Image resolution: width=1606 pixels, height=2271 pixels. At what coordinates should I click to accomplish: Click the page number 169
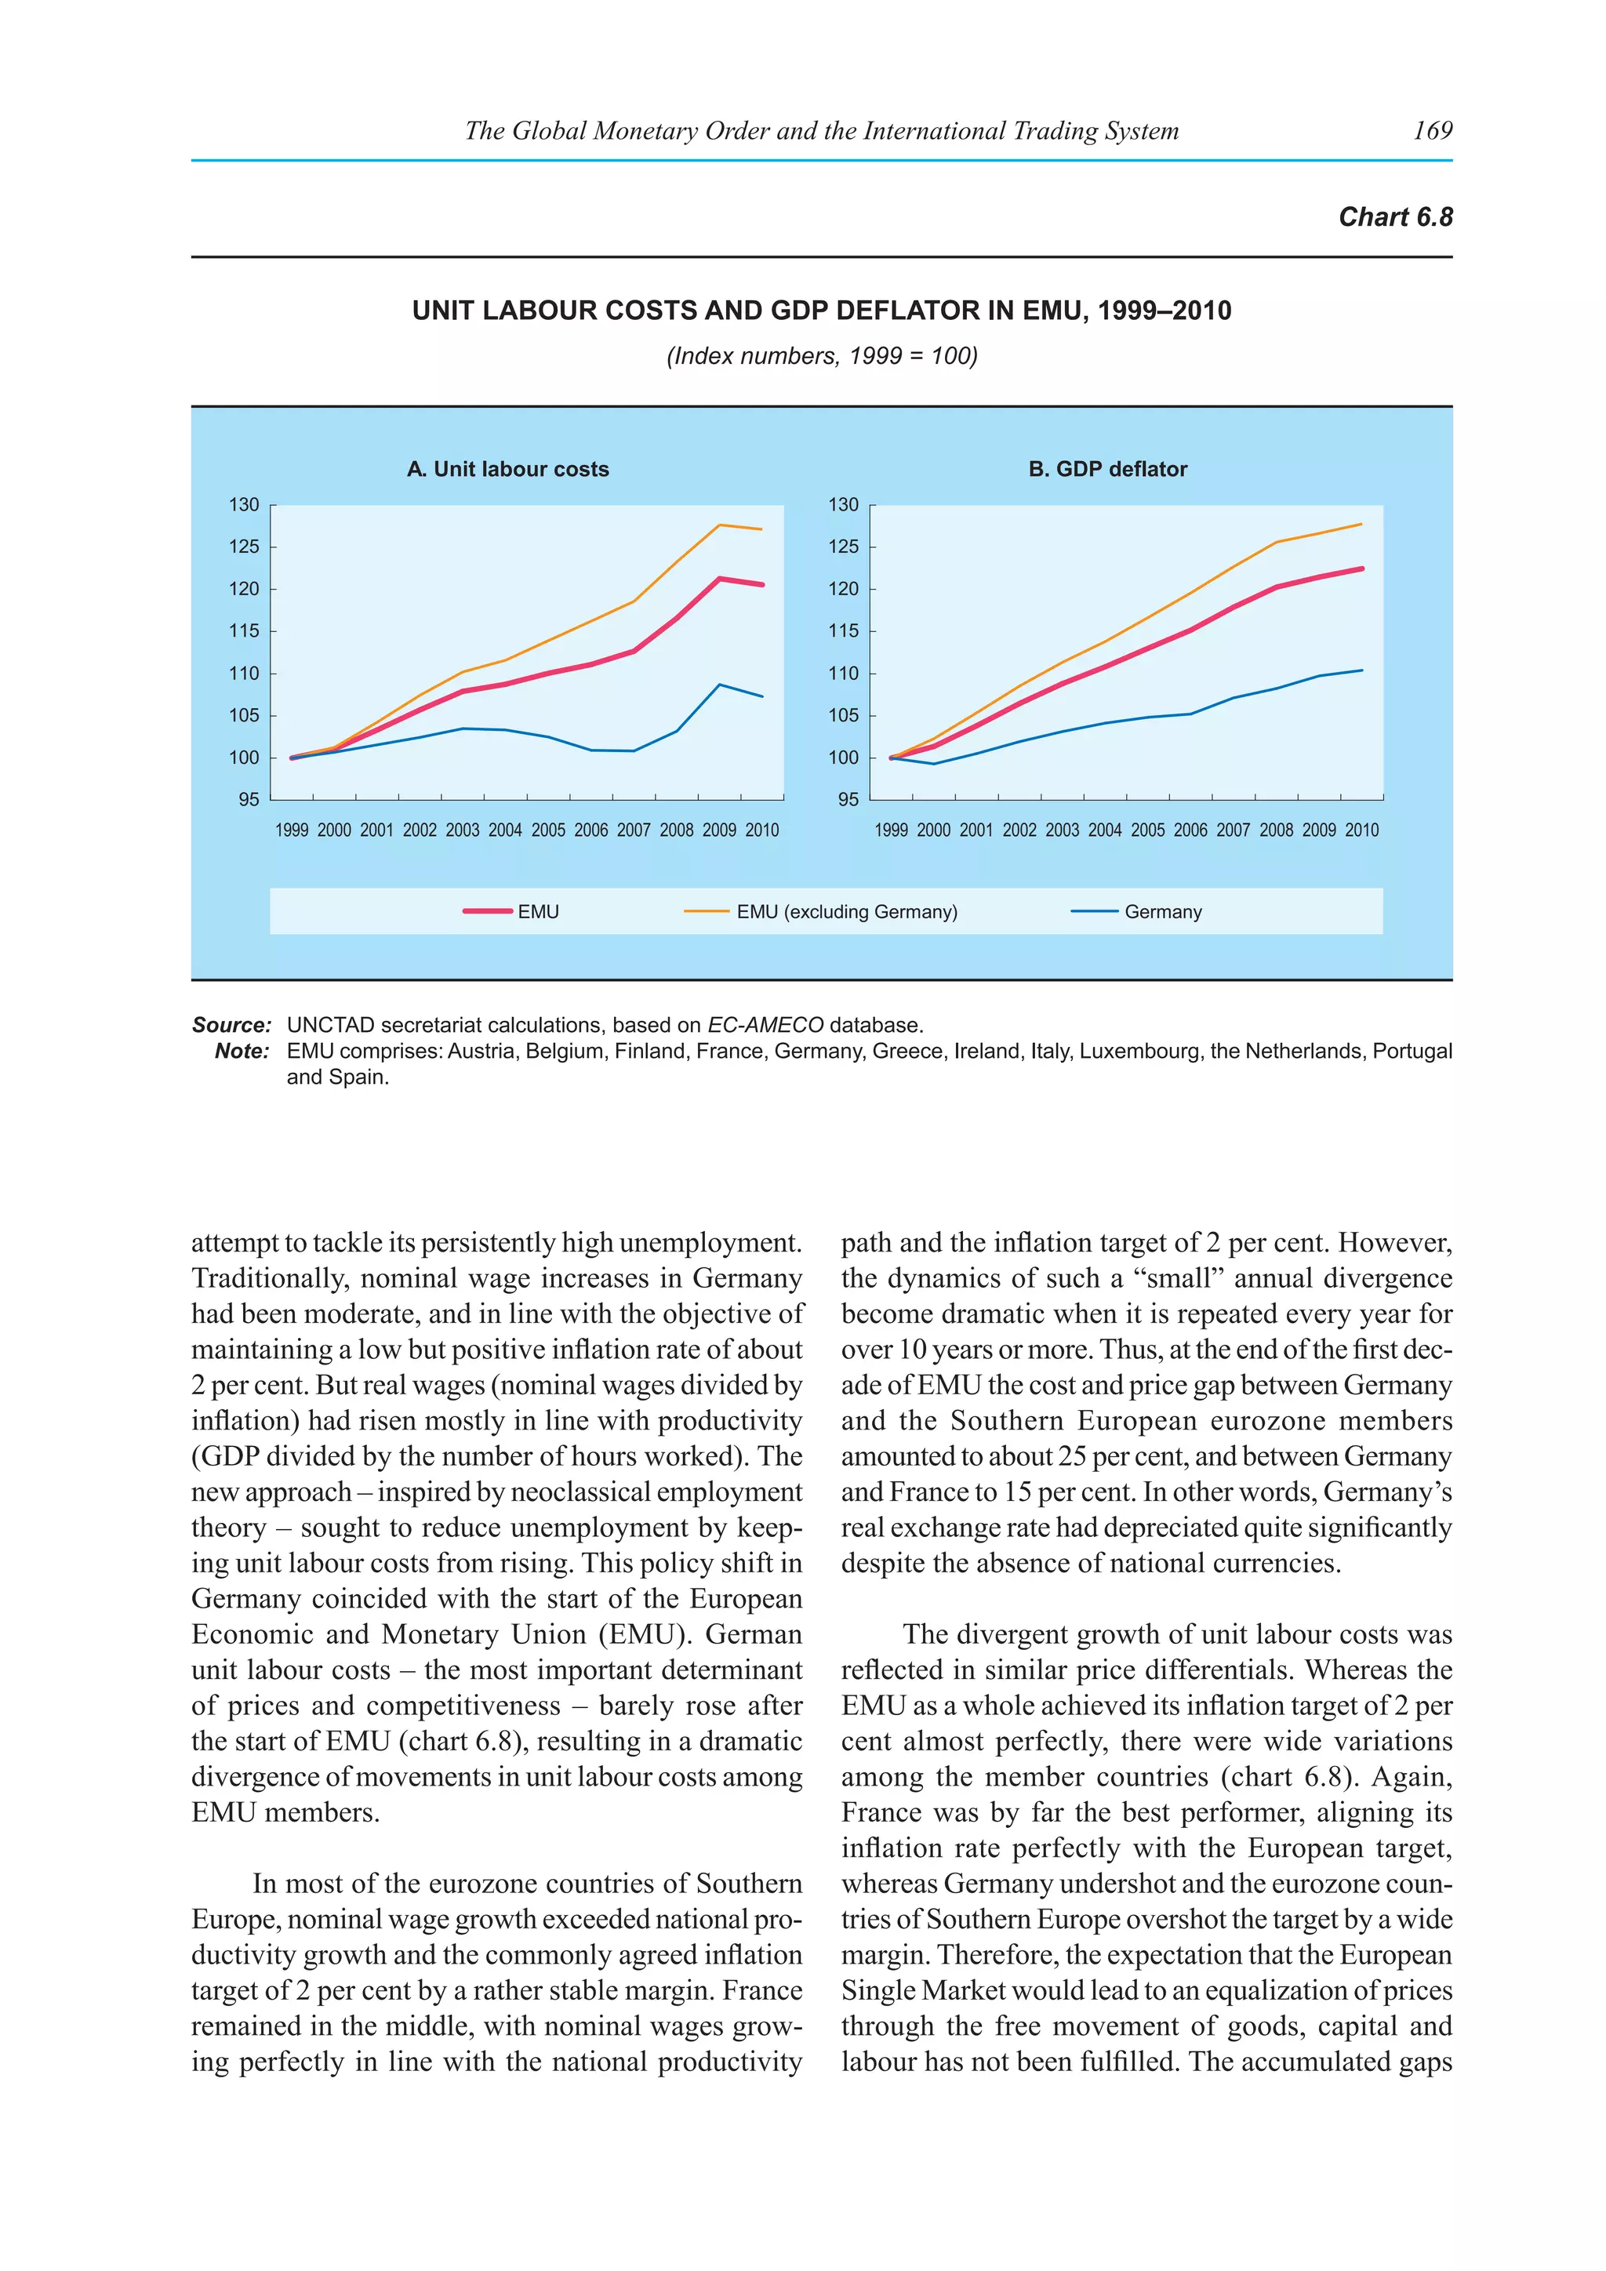click(1432, 130)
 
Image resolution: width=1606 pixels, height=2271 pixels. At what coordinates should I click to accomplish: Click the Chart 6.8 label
click(1394, 216)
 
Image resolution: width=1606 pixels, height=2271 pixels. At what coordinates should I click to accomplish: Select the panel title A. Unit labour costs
click(507, 469)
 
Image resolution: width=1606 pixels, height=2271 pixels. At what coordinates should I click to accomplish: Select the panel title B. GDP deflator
click(1107, 469)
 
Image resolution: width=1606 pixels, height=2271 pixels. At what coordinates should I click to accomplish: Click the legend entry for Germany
click(1162, 912)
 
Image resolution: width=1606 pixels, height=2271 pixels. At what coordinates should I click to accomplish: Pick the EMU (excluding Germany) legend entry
click(846, 912)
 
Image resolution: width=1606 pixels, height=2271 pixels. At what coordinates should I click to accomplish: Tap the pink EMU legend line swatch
click(488, 911)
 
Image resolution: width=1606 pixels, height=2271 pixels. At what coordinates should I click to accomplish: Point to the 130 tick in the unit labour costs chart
click(243, 504)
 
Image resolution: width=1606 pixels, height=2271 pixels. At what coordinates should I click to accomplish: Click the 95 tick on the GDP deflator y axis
click(848, 799)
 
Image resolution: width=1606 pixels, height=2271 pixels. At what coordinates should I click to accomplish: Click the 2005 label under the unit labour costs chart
click(548, 831)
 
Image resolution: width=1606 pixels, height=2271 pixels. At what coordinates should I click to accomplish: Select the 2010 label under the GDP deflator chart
click(1362, 831)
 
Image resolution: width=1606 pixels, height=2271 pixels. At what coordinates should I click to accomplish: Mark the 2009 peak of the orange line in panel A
click(720, 525)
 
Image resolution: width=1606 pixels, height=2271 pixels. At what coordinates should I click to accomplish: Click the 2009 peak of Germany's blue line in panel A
click(720, 685)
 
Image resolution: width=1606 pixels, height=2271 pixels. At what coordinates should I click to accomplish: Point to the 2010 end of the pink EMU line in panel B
click(1362, 569)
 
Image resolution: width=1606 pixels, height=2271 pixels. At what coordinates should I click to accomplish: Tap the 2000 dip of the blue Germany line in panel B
click(932, 764)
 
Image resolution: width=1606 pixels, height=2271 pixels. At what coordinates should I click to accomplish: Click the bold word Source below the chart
click(231, 1025)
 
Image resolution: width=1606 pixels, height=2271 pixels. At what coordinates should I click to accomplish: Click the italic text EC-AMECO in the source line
click(765, 1025)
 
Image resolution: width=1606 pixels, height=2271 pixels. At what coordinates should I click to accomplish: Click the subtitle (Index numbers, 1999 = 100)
click(821, 356)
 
